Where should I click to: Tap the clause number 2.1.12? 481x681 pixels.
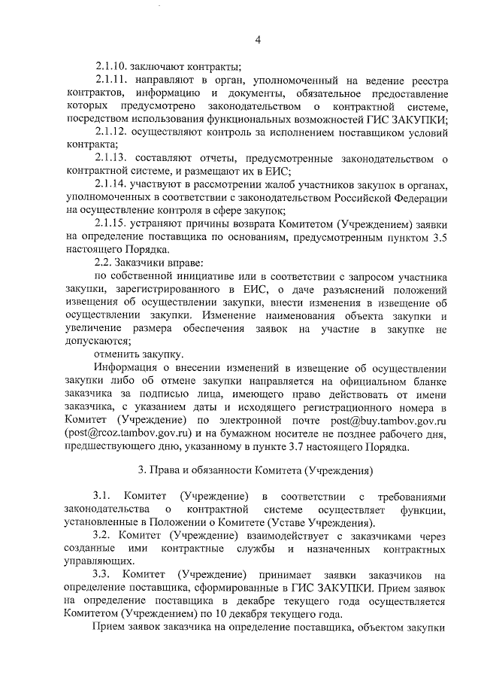(x=112, y=132)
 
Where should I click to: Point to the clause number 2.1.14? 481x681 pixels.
(x=112, y=184)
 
